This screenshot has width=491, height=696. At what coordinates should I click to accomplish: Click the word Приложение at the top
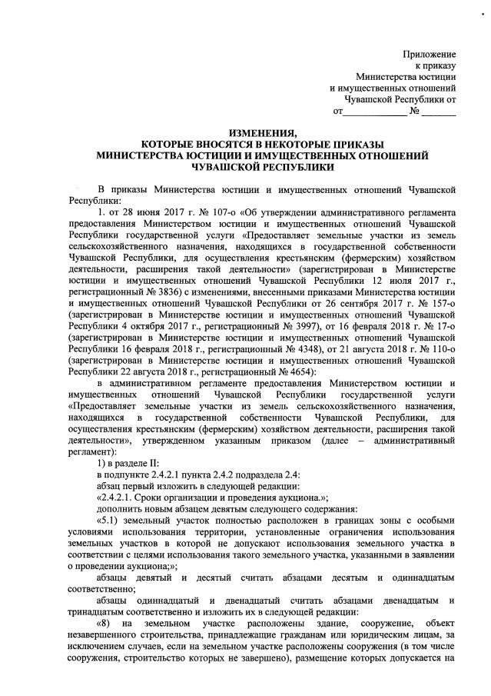pyautogui.click(x=430, y=55)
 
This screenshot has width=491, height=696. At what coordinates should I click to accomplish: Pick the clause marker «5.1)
pyautogui.click(x=111, y=522)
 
